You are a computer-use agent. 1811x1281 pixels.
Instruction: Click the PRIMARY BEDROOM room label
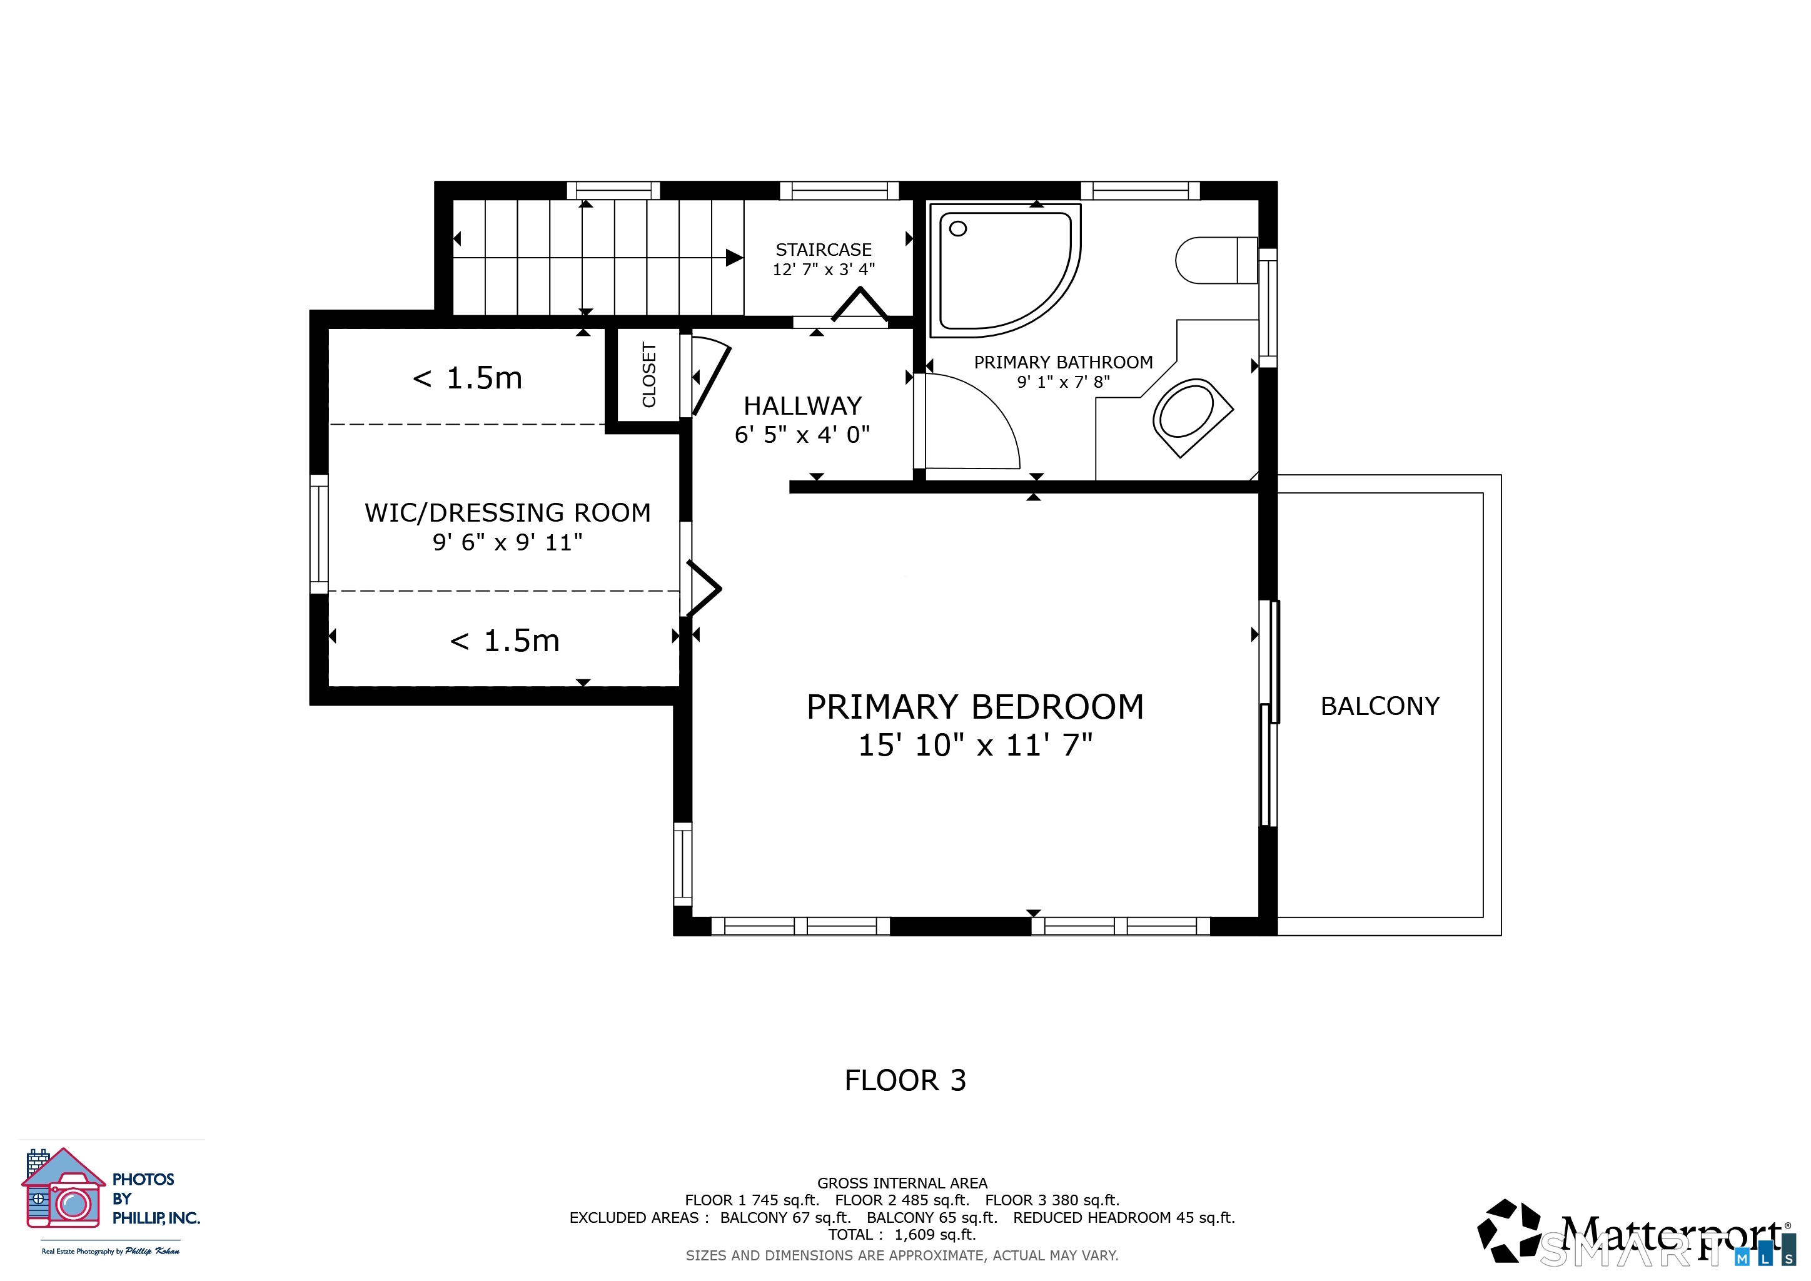tap(975, 707)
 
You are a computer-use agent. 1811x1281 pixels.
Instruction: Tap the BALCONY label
tap(1380, 706)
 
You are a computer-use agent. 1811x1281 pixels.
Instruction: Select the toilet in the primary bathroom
tap(1216, 260)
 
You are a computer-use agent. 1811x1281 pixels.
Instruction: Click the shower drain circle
tap(959, 229)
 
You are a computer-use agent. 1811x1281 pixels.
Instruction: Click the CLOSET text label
tap(649, 375)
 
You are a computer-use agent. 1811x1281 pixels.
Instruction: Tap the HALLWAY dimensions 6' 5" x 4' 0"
tap(802, 435)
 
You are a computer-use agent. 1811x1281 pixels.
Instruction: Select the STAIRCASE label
tap(824, 250)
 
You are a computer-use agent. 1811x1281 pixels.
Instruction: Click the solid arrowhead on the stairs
tap(734, 257)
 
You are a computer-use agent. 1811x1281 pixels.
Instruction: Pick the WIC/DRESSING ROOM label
tap(508, 513)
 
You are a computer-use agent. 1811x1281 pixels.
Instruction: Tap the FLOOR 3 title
tap(905, 1080)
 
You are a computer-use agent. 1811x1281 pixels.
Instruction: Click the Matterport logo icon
tap(1509, 1230)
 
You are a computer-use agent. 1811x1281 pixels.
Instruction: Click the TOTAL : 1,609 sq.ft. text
tap(902, 1235)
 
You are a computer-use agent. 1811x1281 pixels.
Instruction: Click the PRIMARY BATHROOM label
tap(1063, 362)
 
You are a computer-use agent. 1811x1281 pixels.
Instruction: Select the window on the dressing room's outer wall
tap(319, 534)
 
